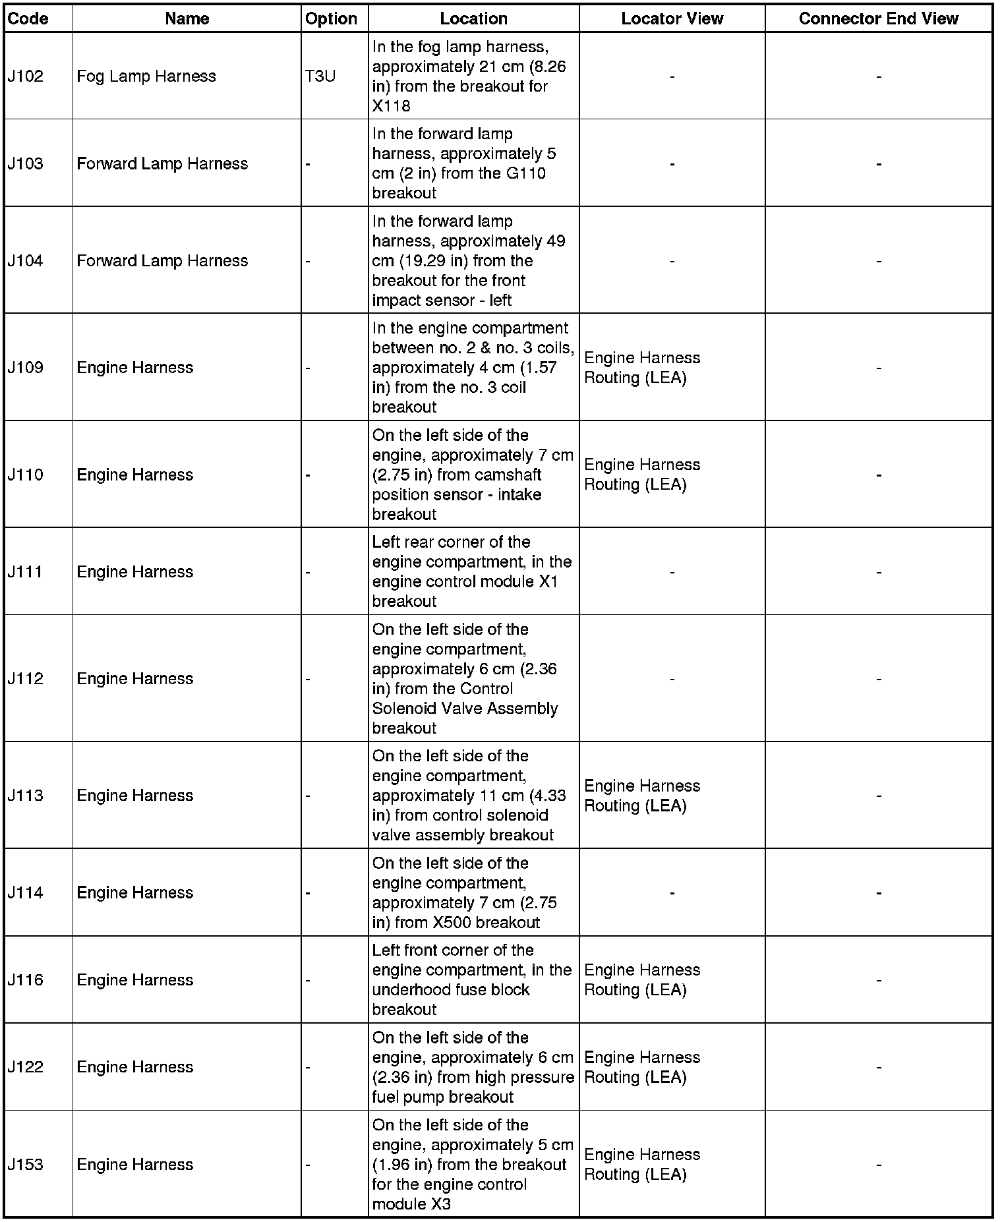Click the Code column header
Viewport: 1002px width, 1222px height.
[x=28, y=18]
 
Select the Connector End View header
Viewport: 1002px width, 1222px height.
[x=878, y=18]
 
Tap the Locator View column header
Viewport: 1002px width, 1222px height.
[x=672, y=18]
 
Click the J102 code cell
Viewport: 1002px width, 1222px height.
[x=26, y=76]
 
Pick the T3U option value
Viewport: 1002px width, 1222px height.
[x=320, y=76]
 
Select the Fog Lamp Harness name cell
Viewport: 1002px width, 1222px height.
[x=146, y=76]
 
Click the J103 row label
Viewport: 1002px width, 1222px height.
[x=26, y=163]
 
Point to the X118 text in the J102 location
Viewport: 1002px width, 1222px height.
[x=391, y=106]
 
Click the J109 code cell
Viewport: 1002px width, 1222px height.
[x=26, y=367]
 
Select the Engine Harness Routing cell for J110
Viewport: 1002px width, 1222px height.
[x=641, y=475]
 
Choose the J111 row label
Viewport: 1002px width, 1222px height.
[x=26, y=571]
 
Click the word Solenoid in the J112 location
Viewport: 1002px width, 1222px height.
[x=403, y=709]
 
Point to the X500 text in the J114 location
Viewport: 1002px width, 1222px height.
[x=452, y=922]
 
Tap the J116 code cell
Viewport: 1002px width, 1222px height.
[x=26, y=979]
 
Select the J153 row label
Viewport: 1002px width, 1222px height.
[x=26, y=1164]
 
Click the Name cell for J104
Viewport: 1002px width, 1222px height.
[x=162, y=261]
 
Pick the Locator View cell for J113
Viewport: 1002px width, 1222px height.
[x=641, y=796]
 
